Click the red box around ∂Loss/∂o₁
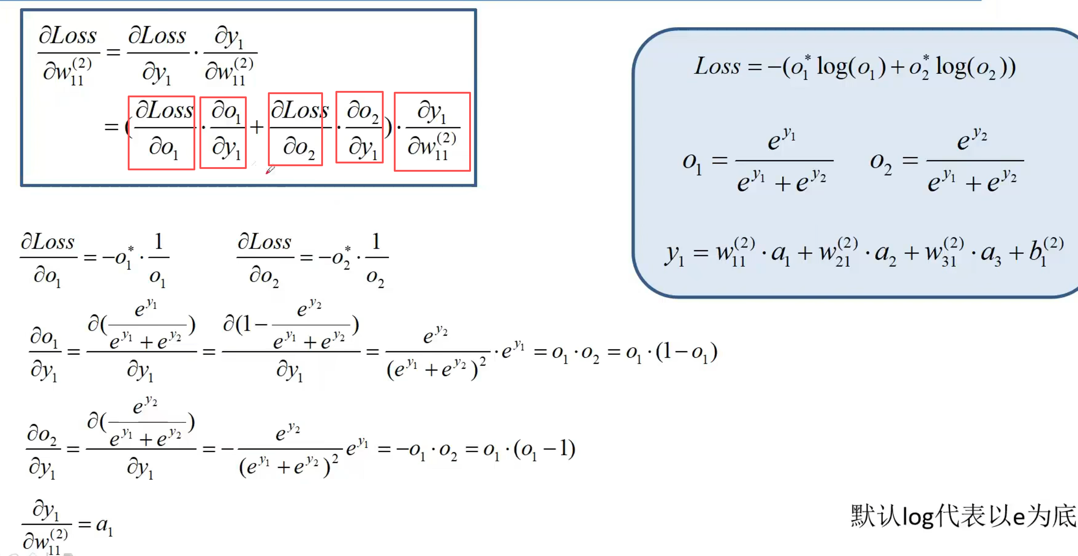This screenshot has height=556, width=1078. (161, 133)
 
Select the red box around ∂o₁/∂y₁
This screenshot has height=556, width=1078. (223, 133)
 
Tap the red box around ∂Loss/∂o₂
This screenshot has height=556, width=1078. (295, 129)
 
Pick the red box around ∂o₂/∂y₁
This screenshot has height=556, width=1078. (359, 127)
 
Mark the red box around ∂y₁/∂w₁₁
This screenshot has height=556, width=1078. (432, 132)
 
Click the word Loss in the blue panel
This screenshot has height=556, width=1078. (717, 67)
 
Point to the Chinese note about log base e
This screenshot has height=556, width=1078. (963, 516)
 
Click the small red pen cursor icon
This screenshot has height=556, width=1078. (270, 170)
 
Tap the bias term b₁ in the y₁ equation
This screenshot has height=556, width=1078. (1045, 252)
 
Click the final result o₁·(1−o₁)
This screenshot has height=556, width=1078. (671, 353)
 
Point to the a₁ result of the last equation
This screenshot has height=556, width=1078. (104, 525)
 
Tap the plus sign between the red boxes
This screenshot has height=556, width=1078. (257, 127)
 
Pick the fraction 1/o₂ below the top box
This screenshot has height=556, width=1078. (376, 259)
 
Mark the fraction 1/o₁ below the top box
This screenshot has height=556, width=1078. (158, 259)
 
